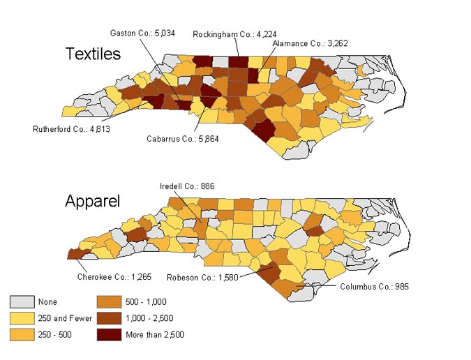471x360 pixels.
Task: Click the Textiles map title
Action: click(x=93, y=54)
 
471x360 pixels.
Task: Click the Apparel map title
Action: click(x=92, y=202)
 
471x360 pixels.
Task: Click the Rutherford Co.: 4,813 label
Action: click(x=72, y=129)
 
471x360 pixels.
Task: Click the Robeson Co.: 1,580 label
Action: click(x=202, y=278)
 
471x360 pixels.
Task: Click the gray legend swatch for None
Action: click(x=21, y=302)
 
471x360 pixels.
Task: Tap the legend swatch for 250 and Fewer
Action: click(x=21, y=318)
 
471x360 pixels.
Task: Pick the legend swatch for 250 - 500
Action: click(x=21, y=335)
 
